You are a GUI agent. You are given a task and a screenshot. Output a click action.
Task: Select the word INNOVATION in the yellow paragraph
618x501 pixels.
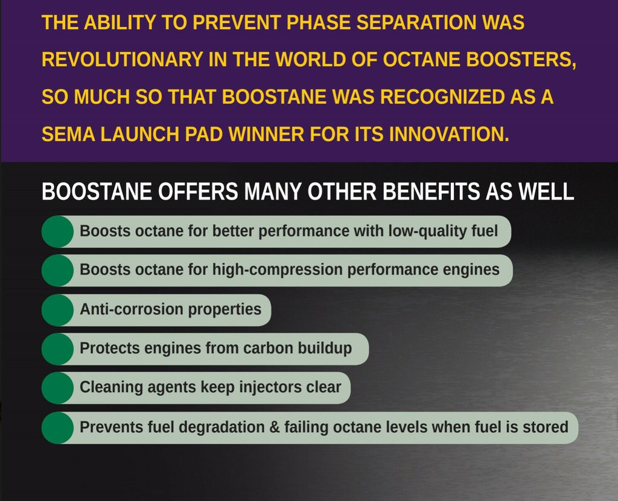pos(444,133)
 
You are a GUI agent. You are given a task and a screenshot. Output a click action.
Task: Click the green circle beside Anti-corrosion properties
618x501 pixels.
pos(57,310)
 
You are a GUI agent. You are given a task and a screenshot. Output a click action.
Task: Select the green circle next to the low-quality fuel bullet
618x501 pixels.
pos(57,232)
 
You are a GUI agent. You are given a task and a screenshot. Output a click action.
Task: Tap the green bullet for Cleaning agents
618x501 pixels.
pos(57,388)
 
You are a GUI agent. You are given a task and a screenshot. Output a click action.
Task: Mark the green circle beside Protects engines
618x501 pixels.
pos(57,348)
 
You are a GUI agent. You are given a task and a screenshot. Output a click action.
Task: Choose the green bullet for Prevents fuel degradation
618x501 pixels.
pos(57,427)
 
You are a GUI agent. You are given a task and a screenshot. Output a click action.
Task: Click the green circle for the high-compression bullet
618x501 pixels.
pos(57,270)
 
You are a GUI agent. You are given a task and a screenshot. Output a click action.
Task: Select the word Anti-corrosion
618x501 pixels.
pos(132,310)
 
